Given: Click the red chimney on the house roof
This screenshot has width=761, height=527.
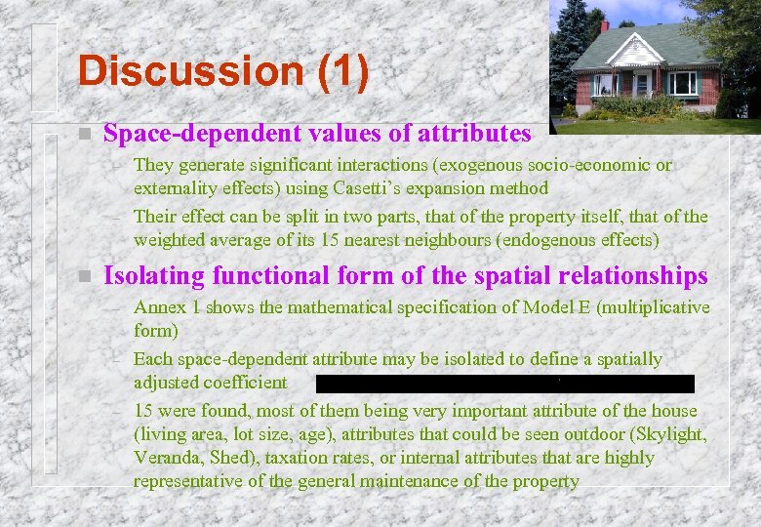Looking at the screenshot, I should (605, 27).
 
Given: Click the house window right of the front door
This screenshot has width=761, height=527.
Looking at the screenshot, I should (684, 84).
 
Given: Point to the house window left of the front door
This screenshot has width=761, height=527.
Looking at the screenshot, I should (605, 85).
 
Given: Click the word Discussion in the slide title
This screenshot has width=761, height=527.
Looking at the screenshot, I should (191, 71).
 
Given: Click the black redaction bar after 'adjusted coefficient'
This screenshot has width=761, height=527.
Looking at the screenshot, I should (504, 384).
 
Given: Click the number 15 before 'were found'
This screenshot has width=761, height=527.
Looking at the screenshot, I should (144, 411).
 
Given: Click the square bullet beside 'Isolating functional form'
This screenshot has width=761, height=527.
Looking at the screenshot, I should (86, 276).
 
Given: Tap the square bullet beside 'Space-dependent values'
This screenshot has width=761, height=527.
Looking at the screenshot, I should (86, 134).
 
